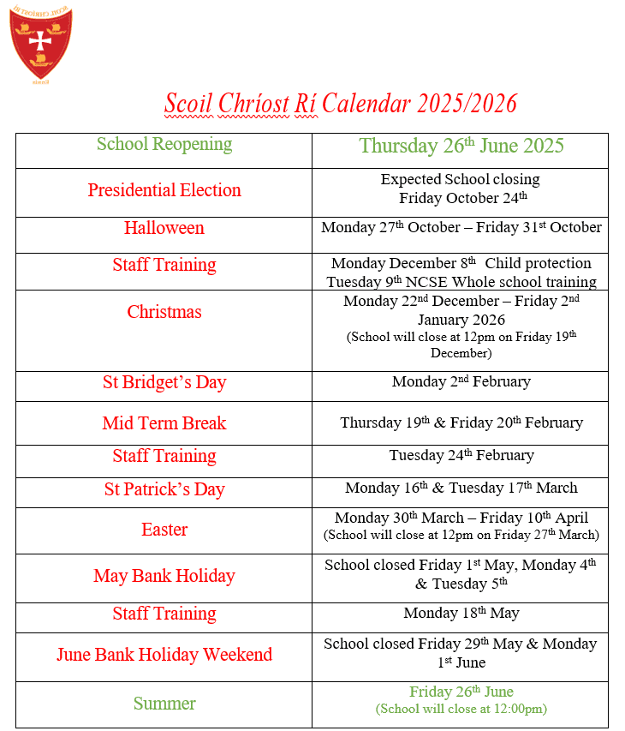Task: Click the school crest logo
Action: (40, 43)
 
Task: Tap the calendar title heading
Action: (341, 104)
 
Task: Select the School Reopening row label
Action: (164, 144)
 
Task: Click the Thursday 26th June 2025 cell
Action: (461, 146)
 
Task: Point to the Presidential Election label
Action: (164, 190)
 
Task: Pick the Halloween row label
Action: (164, 228)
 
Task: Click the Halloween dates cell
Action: (461, 228)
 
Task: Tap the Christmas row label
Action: (164, 312)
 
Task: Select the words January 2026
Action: (461, 320)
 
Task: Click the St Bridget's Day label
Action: (164, 382)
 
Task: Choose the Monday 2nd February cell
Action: (461, 381)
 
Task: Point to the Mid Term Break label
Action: (164, 423)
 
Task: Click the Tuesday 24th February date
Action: (461, 455)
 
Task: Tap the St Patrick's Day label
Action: (164, 489)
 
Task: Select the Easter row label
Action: (164, 530)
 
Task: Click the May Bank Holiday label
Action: (164, 576)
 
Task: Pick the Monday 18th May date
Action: (461, 613)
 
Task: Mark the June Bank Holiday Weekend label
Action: (164, 655)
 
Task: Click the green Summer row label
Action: (164, 704)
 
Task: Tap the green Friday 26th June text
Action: (461, 692)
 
